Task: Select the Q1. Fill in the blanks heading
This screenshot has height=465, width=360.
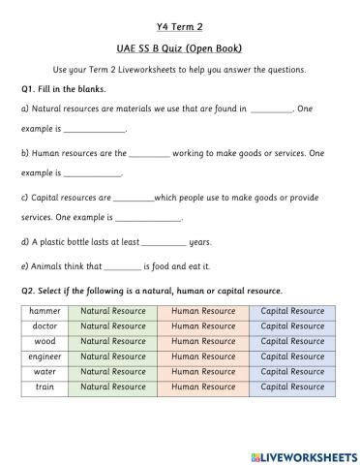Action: coord(65,89)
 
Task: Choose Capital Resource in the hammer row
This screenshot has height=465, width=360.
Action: coord(292,311)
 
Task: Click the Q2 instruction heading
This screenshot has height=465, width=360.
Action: coord(151,291)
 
